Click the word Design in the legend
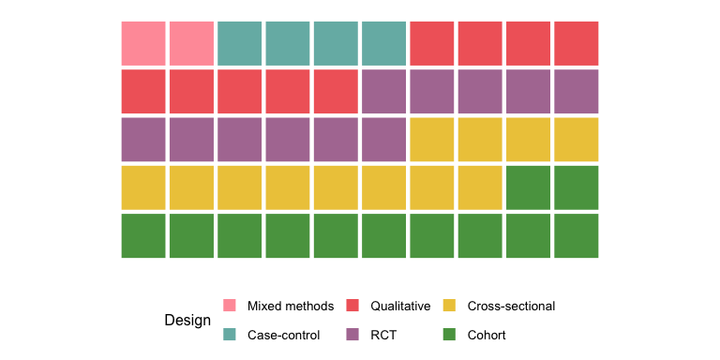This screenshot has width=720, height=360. point(187,321)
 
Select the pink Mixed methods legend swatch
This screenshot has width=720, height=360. point(230,306)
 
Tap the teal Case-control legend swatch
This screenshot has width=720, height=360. point(230,335)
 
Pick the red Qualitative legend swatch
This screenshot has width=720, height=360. point(352,306)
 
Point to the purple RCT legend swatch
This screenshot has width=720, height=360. point(352,335)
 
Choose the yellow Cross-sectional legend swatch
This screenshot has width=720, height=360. point(450,306)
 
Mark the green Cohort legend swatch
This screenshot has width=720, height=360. point(450,335)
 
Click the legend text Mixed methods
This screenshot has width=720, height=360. point(291,306)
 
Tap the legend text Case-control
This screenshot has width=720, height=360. point(284,336)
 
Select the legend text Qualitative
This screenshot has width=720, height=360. point(400,306)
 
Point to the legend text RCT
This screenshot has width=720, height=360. point(383,336)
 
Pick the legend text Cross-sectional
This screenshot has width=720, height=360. point(511,306)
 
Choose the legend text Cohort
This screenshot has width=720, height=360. point(487,336)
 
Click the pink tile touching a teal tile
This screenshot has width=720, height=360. point(191,43)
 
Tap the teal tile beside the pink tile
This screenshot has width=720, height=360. point(240,43)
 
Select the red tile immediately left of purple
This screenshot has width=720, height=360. point(336,91)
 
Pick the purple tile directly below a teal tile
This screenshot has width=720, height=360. point(383,91)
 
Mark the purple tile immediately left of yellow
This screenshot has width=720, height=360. point(383,140)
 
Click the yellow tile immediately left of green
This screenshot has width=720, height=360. point(480,187)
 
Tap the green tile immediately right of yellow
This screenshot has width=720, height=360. point(528,187)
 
